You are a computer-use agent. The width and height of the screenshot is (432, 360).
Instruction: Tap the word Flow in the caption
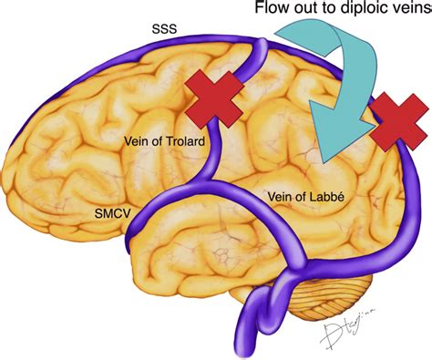[273, 14]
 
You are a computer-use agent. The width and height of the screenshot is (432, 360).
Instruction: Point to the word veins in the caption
[411, 14]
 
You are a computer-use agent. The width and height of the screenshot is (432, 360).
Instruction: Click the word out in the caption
[308, 14]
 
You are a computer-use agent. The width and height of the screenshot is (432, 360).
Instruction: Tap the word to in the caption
[332, 14]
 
